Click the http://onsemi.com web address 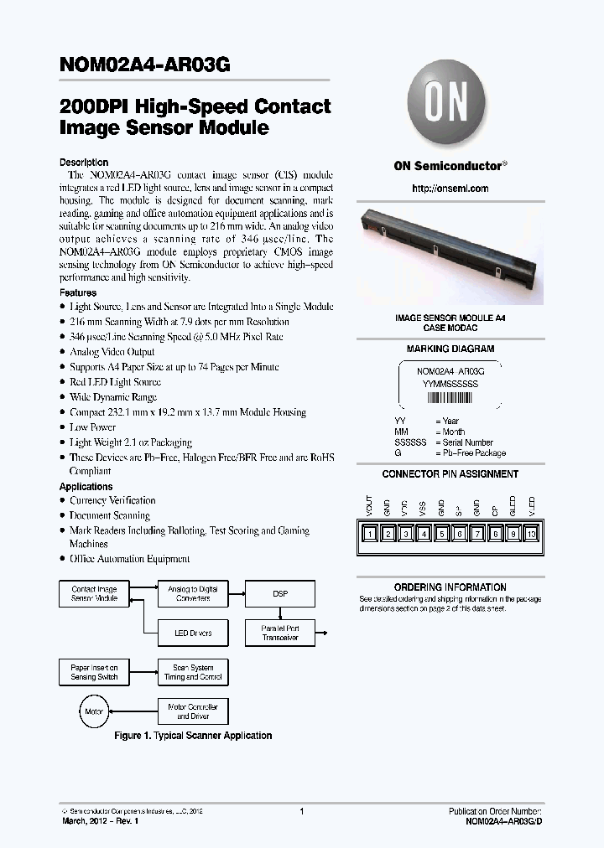pos(450,189)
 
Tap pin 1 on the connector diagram pos(369,534)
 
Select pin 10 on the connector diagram pos(530,534)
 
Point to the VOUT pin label pos(369,506)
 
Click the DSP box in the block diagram pos(280,593)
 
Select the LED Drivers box pos(193,633)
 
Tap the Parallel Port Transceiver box pos(280,633)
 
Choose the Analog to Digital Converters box pos(193,593)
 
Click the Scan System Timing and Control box pos(193,672)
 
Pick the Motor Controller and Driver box pos(193,711)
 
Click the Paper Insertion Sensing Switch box pos(95,672)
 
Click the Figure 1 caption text pos(193,736)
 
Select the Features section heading pos(78,293)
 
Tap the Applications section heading pos(86,487)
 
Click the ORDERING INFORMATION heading pos(450,587)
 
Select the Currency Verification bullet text pos(112,501)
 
